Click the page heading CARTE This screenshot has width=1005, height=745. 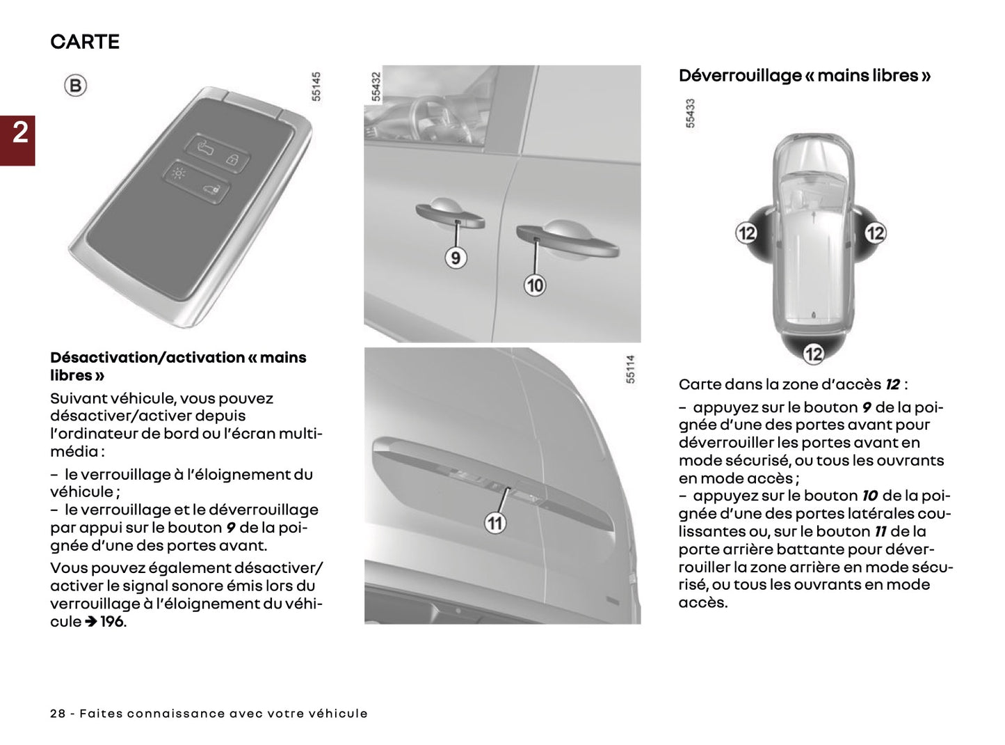tap(85, 42)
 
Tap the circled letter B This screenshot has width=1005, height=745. tap(75, 86)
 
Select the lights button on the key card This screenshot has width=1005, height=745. tap(179, 172)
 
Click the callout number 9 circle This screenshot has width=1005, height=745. tap(455, 258)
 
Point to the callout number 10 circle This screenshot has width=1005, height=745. tap(534, 285)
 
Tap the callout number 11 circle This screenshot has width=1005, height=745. tap(495, 523)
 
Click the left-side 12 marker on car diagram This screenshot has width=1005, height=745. tap(746, 233)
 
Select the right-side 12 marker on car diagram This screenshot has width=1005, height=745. tap(875, 233)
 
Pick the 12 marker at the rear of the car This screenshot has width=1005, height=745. tap(813, 354)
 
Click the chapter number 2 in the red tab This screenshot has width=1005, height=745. tap(19, 132)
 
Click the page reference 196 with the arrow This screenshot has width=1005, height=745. tap(104, 622)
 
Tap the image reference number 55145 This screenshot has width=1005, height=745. tap(316, 86)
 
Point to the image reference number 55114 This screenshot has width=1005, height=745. tap(630, 368)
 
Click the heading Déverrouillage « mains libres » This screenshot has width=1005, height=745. tap(805, 76)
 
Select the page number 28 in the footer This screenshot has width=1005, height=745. tap(58, 714)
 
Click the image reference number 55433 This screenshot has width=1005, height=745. tap(690, 113)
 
